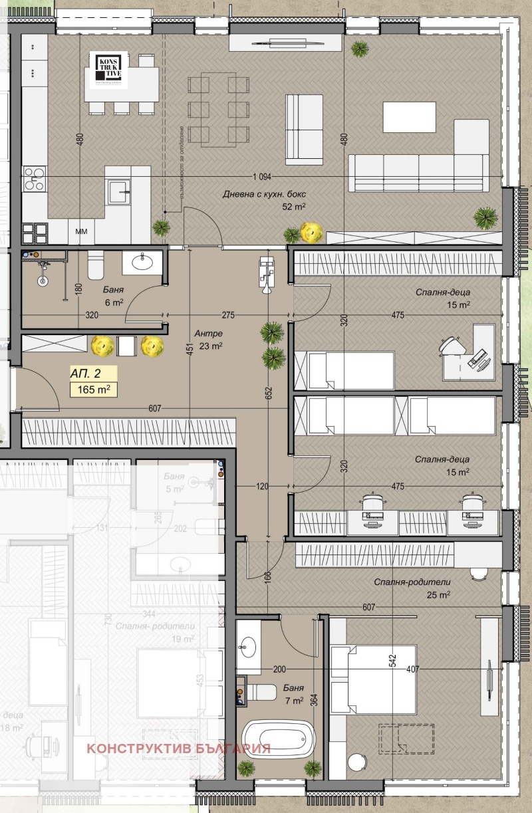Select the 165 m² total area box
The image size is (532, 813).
93,390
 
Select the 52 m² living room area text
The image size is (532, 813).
294,207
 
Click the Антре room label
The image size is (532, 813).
208,333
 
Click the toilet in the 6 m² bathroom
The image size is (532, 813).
95,265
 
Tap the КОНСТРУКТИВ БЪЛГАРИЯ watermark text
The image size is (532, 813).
178,748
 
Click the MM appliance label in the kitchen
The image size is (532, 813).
82,232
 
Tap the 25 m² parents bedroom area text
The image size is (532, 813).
440,595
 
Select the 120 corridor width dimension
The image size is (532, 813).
262,487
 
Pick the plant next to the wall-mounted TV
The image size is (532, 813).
360,48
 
